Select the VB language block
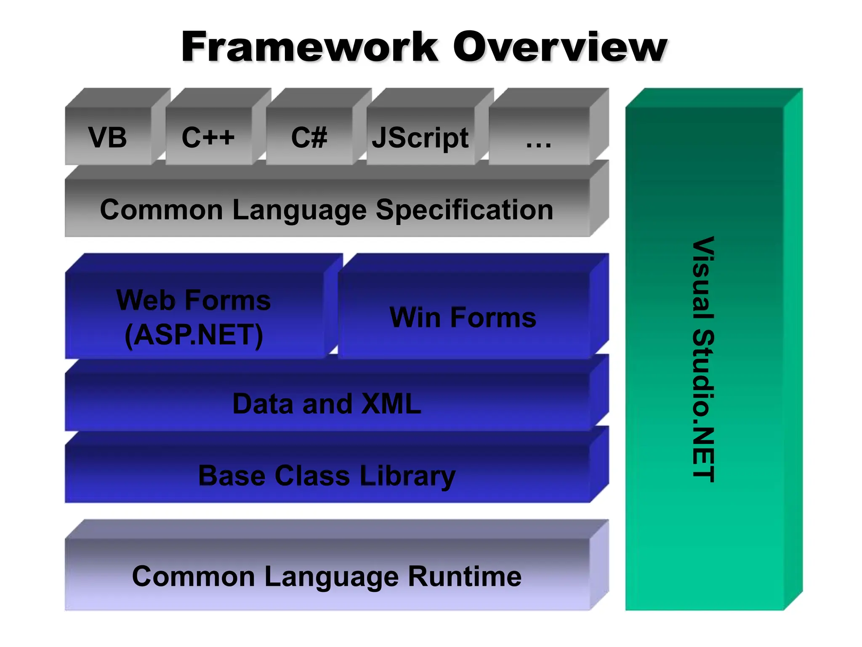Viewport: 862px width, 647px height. tap(108, 137)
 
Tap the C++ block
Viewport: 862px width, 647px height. tap(208, 137)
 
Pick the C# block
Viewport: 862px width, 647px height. tap(309, 137)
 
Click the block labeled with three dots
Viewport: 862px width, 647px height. tap(539, 139)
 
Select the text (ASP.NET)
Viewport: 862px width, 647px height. tap(194, 335)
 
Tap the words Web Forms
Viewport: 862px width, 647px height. tap(194, 300)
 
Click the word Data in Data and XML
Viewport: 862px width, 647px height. tap(263, 404)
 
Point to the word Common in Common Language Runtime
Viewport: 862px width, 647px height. tap(193, 576)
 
